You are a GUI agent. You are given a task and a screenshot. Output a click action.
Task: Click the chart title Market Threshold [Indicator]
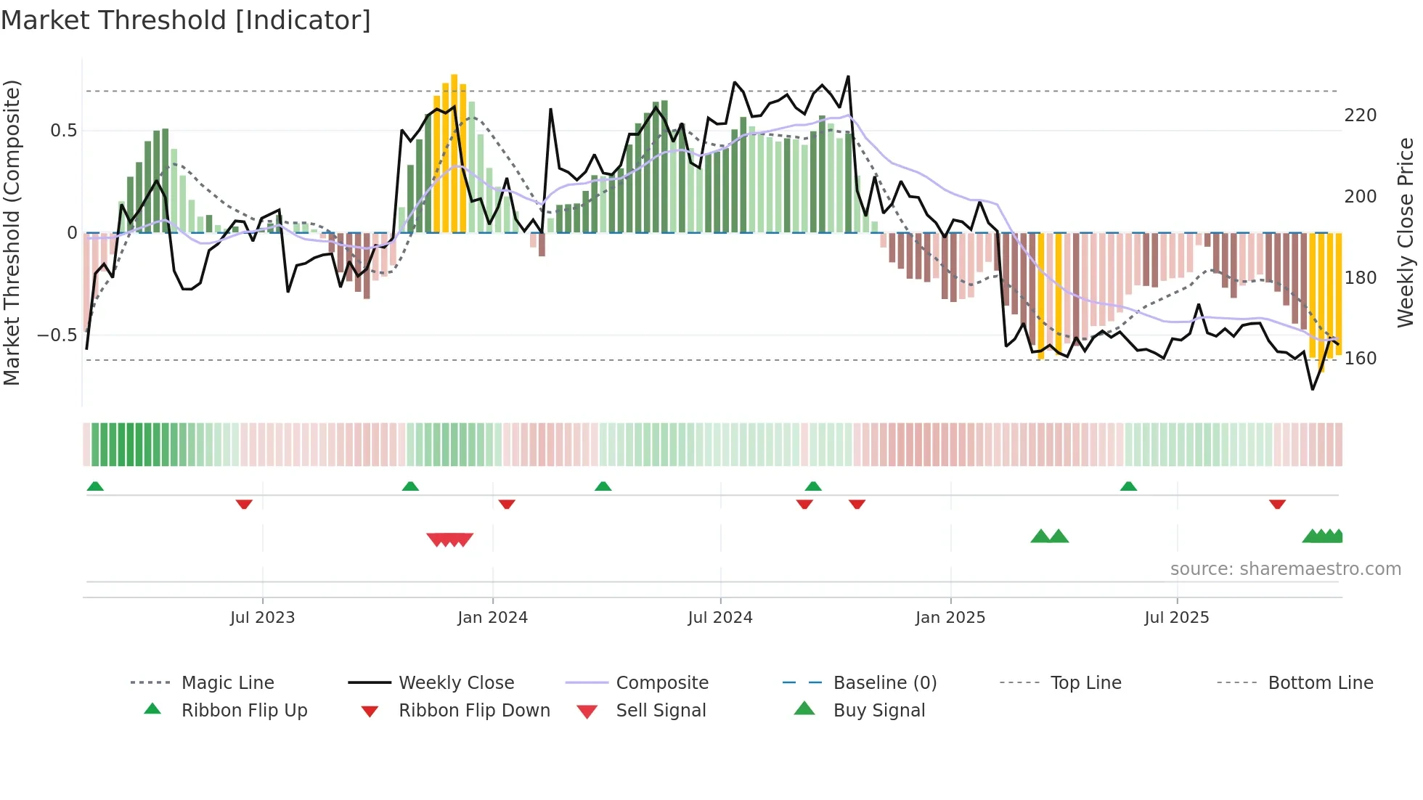(x=186, y=20)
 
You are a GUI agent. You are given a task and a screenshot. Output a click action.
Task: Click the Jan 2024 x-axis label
(x=492, y=618)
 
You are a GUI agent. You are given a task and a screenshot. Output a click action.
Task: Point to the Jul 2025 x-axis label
(x=1176, y=618)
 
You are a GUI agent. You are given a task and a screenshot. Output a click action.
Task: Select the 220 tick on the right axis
(x=1360, y=115)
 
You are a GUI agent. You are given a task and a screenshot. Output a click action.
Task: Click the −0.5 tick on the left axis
(x=57, y=335)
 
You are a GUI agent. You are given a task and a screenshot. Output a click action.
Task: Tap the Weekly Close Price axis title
(x=1406, y=232)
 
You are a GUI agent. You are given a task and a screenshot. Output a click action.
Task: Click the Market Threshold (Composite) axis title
(x=12, y=232)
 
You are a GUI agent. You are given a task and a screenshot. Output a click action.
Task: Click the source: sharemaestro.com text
(x=1285, y=569)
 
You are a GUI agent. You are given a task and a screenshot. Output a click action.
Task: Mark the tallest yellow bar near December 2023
(x=454, y=152)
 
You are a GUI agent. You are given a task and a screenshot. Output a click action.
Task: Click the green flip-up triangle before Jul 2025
(x=1128, y=486)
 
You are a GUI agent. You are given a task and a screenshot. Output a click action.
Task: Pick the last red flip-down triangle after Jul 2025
(x=1277, y=504)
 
